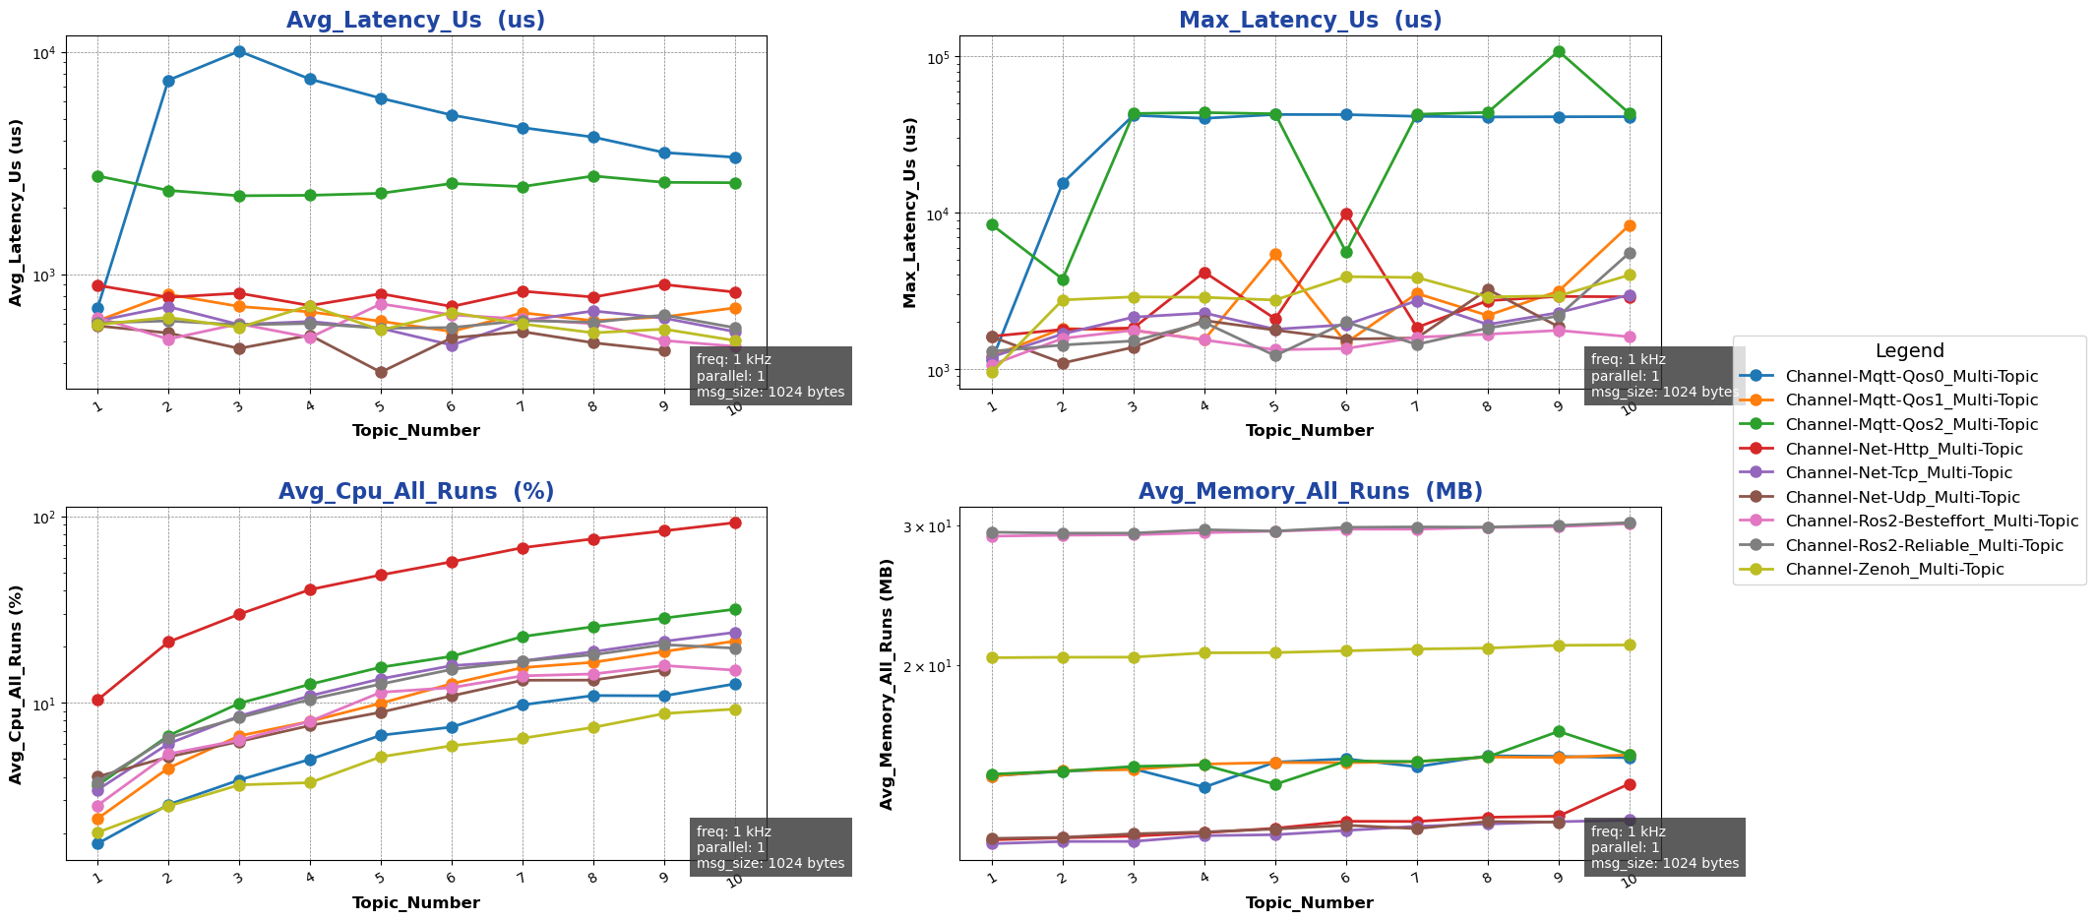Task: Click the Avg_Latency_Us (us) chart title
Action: pyautogui.click(x=415, y=21)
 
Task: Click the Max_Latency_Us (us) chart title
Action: pyautogui.click(x=1310, y=21)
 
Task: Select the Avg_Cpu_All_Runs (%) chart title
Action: pyautogui.click(x=415, y=492)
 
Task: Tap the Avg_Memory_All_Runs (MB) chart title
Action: pyautogui.click(x=1310, y=492)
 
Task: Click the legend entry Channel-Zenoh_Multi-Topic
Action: pyautogui.click(x=1893, y=570)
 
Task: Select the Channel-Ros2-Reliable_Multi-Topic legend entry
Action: pyautogui.click(x=1924, y=545)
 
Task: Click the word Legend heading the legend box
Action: pyautogui.click(x=1909, y=351)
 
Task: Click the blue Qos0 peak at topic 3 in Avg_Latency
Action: pyautogui.click(x=239, y=51)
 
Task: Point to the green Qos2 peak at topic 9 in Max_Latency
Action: pyautogui.click(x=1559, y=51)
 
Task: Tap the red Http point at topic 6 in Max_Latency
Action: pyautogui.click(x=1346, y=214)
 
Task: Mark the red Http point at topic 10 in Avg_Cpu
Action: pyautogui.click(x=735, y=522)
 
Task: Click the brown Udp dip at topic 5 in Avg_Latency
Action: pyautogui.click(x=381, y=372)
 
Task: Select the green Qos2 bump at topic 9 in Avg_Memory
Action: pyautogui.click(x=1559, y=731)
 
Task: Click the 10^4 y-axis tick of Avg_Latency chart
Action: pyautogui.click(x=47, y=53)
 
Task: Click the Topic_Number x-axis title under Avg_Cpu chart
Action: pyautogui.click(x=415, y=902)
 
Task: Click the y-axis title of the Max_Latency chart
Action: pyautogui.click(x=910, y=213)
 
